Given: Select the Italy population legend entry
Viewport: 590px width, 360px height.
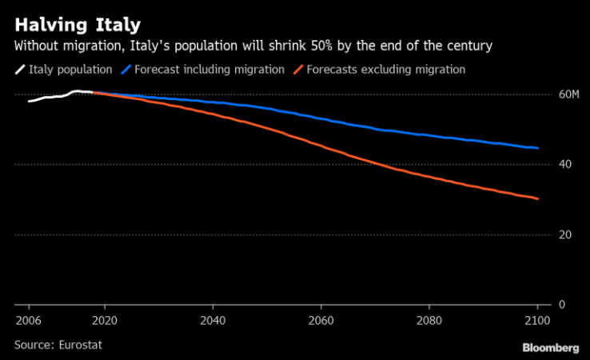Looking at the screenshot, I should pyautogui.click(x=70, y=70).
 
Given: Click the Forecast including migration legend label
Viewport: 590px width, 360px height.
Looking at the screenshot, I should pyautogui.click(x=209, y=70).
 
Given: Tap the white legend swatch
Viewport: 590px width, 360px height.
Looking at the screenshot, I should pyautogui.click(x=19, y=70).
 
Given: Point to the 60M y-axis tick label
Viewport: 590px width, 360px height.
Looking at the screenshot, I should pyautogui.click(x=568, y=94).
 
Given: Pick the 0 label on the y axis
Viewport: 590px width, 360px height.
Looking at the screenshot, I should pyautogui.click(x=561, y=305).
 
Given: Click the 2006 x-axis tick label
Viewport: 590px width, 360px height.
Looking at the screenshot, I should pyautogui.click(x=29, y=321).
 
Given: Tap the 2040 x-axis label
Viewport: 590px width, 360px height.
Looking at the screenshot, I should pyautogui.click(x=213, y=321).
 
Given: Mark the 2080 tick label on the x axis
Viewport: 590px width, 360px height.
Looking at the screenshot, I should pyautogui.click(x=429, y=321).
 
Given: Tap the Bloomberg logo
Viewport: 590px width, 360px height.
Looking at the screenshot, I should pyautogui.click(x=551, y=348).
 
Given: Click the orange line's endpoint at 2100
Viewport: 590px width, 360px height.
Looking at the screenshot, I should pyautogui.click(x=537, y=198).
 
